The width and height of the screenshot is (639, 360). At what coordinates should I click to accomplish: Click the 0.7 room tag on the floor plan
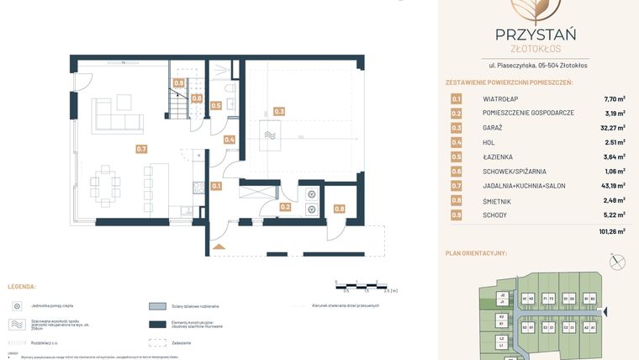pos(141,149)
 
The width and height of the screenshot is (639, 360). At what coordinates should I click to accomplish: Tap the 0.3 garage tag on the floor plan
pos(279,111)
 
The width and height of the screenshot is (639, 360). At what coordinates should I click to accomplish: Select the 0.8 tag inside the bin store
pos(339,209)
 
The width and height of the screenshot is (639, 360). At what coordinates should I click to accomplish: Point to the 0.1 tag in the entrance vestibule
pos(216,186)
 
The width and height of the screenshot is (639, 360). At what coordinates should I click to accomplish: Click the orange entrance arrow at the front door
pos(219,246)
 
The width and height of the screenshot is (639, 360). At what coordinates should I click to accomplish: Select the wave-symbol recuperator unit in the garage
pos(270,135)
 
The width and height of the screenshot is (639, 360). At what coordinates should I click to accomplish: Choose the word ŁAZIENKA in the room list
pos(498,157)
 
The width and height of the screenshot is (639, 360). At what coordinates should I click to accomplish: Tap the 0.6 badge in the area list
pos(457,172)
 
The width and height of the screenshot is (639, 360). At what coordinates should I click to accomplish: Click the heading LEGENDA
pos(22,287)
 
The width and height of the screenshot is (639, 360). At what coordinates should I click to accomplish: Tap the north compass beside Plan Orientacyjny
pos(620,262)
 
